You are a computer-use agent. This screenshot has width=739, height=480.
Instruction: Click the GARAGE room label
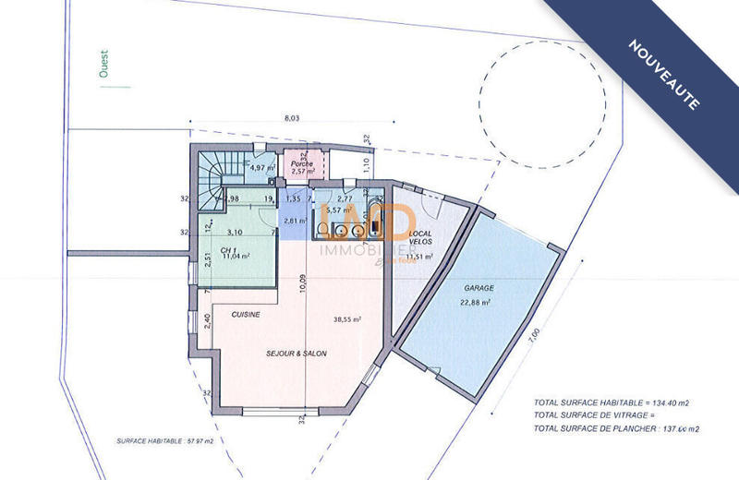(477, 287)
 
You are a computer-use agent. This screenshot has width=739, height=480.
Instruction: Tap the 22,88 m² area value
(476, 302)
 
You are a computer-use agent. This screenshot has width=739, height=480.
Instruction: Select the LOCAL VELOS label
(420, 236)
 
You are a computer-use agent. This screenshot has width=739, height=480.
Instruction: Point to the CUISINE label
(246, 315)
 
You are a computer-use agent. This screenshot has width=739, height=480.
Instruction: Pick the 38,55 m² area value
(346, 319)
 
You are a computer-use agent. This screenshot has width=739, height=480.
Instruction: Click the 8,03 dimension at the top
(291, 118)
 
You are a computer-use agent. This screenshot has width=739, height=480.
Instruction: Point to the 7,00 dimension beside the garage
(534, 338)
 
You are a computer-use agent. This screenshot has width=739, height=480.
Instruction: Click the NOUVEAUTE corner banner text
(664, 75)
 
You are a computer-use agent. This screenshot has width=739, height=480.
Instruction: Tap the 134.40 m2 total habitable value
(678, 402)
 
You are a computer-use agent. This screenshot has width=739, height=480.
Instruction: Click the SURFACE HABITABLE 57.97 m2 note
(164, 440)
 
